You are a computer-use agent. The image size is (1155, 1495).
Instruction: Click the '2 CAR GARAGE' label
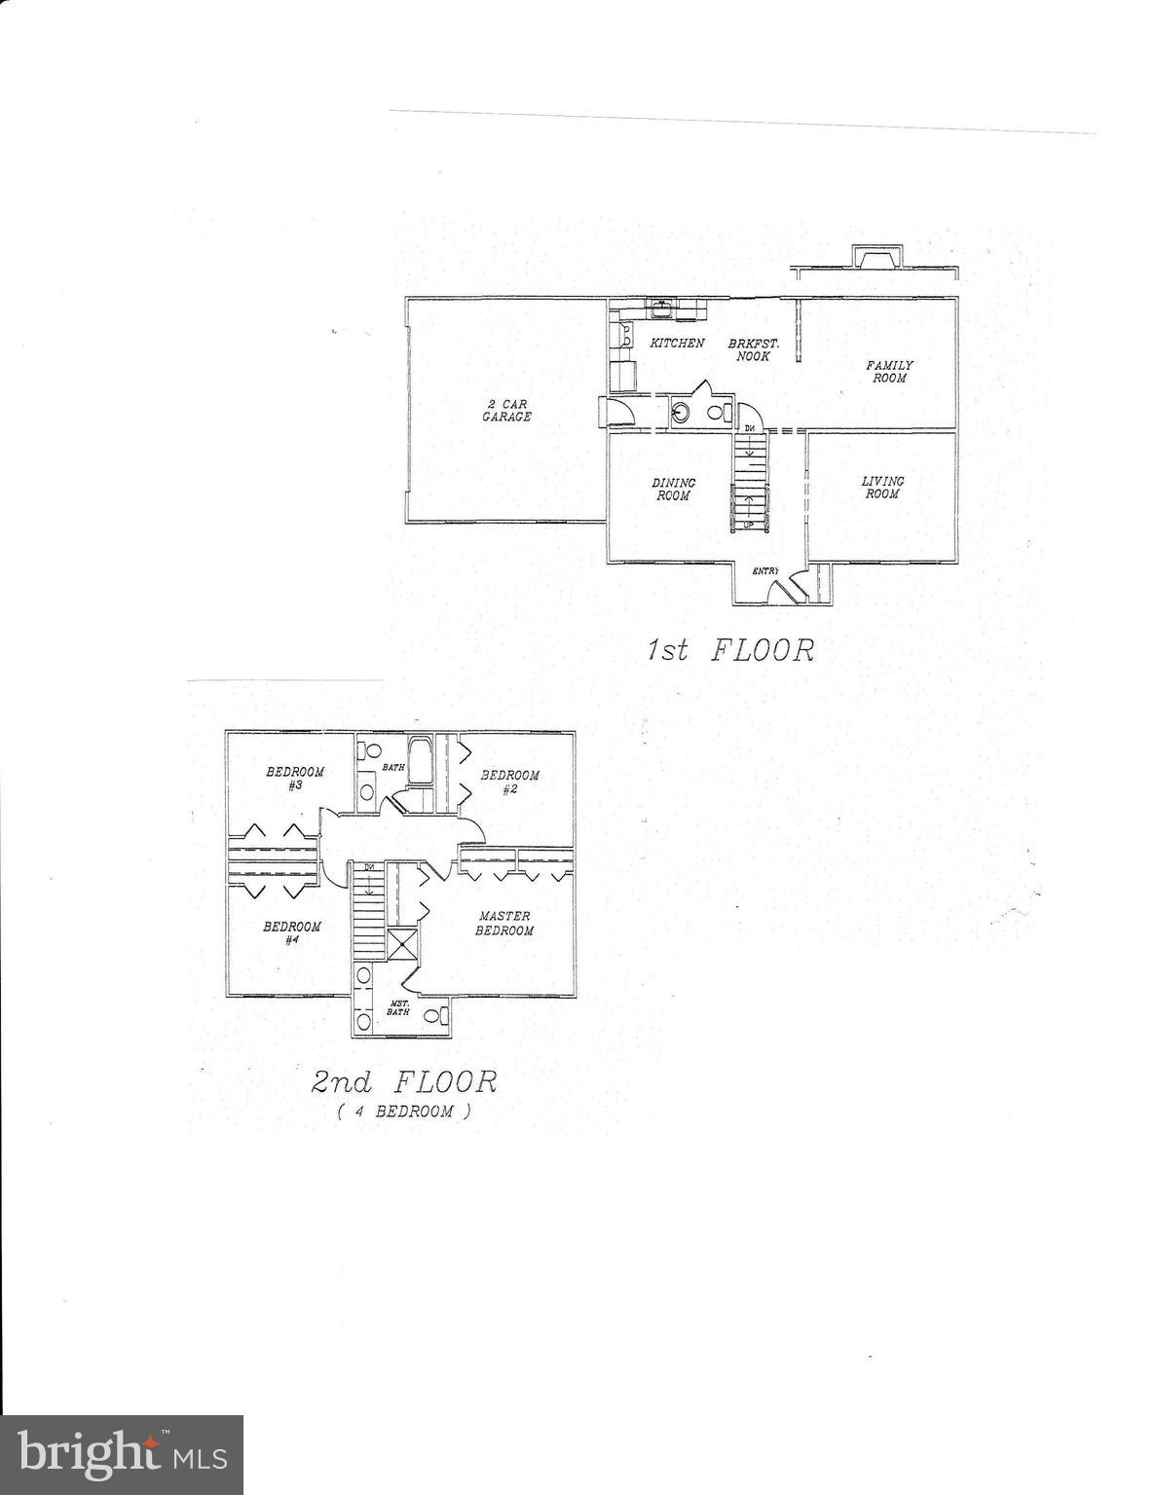(505, 410)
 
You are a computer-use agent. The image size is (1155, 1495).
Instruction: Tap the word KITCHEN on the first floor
(678, 343)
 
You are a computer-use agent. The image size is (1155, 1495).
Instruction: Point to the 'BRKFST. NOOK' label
(753, 349)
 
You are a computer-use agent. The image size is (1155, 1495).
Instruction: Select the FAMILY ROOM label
(889, 372)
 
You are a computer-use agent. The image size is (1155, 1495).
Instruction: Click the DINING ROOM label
(673, 490)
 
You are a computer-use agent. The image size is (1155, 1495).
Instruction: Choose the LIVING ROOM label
(883, 488)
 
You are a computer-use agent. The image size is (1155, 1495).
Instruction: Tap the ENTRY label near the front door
(765, 571)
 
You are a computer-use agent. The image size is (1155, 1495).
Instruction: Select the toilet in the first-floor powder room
(720, 412)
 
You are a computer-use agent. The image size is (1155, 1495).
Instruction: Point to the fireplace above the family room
(875, 257)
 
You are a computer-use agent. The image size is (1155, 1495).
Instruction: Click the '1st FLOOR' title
(730, 649)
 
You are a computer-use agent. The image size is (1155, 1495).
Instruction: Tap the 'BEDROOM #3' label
(295, 779)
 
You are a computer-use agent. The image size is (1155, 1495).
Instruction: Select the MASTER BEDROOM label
(505, 924)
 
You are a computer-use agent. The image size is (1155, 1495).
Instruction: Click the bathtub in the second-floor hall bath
(419, 759)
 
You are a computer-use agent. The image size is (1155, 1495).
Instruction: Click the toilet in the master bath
(431, 1015)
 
